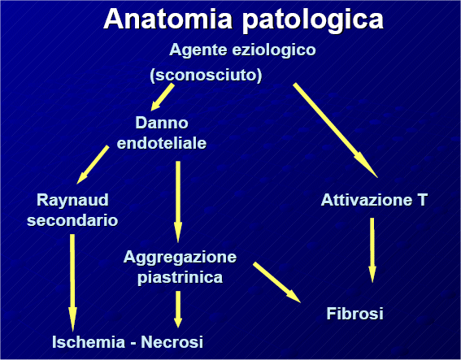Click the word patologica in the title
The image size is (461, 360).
pyautogui.click(x=313, y=20)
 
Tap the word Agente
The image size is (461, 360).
pyautogui.click(x=198, y=50)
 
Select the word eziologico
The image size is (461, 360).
pyautogui.click(x=274, y=50)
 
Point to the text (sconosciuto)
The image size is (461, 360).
pyautogui.click(x=206, y=76)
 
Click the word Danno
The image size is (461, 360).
pyautogui.click(x=162, y=123)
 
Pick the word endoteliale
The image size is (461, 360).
pyautogui.click(x=162, y=143)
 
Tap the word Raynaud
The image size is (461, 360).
pyautogui.click(x=72, y=201)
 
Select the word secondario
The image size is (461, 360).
pyautogui.click(x=72, y=220)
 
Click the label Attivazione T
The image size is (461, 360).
pyautogui.click(x=374, y=200)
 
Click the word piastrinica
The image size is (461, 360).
pyautogui.click(x=180, y=277)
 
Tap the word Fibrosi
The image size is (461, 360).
pyautogui.click(x=354, y=314)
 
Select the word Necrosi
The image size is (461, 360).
pyautogui.click(x=172, y=342)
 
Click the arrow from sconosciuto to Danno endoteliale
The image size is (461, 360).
pyautogui.click(x=163, y=98)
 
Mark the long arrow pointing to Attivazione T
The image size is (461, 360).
pyautogui.click(x=335, y=131)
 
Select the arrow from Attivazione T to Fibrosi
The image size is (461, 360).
pyautogui.click(x=372, y=250)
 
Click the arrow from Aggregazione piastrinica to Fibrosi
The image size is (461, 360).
pyautogui.click(x=277, y=282)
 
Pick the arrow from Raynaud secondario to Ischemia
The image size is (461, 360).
pyautogui.click(x=72, y=283)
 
